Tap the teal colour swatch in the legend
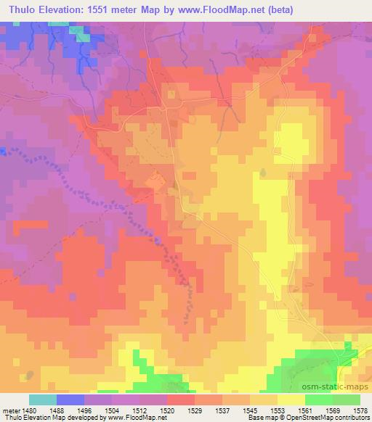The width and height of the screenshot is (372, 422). tap(43, 400)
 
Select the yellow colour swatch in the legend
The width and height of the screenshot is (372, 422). tap(291, 400)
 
